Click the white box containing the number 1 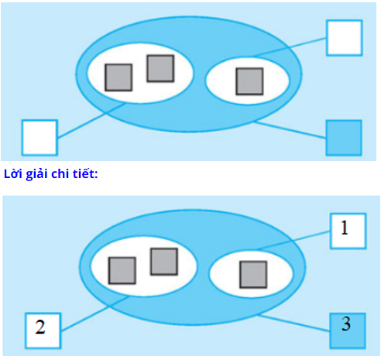[x=348, y=231]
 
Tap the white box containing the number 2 [x=43, y=331]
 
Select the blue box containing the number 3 [x=348, y=331]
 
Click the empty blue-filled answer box [x=344, y=138]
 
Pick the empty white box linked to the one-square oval [x=345, y=38]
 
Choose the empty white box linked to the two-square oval [x=39, y=138]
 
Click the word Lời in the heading [x=13, y=174]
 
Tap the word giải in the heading [x=37, y=174]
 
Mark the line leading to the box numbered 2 [x=95, y=314]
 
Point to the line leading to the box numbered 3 [x=294, y=323]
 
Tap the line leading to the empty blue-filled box [x=290, y=130]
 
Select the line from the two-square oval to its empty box [x=92, y=121]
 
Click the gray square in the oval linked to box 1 [x=253, y=274]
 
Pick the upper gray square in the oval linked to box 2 [x=164, y=262]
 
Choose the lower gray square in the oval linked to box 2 [x=122, y=270]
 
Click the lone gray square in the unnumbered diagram [x=249, y=81]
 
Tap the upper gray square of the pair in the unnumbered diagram [x=160, y=68]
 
